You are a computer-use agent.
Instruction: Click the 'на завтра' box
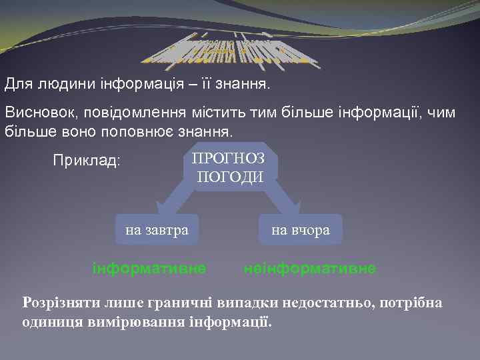coord(157,230)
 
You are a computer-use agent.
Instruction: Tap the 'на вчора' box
coord(300,230)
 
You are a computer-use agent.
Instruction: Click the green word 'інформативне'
coord(149,268)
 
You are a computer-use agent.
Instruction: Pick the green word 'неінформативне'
coord(310,268)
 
